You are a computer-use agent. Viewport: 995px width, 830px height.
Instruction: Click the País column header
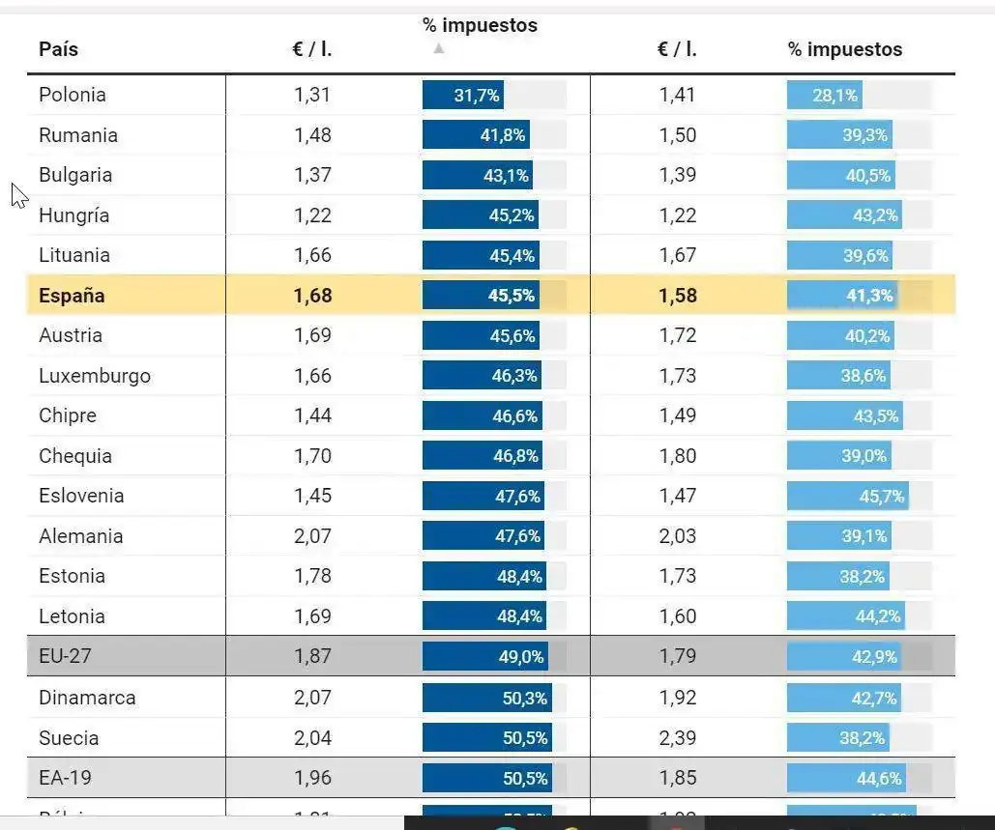pyautogui.click(x=58, y=49)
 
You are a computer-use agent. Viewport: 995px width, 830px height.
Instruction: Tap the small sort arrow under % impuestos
pyautogui.click(x=439, y=48)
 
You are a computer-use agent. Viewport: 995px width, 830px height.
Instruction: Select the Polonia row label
pyautogui.click(x=73, y=95)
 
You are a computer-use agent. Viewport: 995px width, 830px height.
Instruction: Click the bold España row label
pyautogui.click(x=72, y=296)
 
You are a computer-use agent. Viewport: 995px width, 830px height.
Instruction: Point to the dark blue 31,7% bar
pyautogui.click(x=463, y=95)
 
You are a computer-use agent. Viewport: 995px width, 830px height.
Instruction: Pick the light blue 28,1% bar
pyautogui.click(x=824, y=95)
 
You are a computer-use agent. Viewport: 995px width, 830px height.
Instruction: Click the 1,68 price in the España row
pyautogui.click(x=312, y=296)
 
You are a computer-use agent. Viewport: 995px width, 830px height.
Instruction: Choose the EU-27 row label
pyautogui.click(x=66, y=656)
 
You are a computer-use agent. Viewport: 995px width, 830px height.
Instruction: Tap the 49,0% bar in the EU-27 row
pyautogui.click(x=485, y=657)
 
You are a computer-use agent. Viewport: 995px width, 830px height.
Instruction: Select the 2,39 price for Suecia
pyautogui.click(x=678, y=738)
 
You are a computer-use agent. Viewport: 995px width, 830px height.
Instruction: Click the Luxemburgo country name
pyautogui.click(x=95, y=376)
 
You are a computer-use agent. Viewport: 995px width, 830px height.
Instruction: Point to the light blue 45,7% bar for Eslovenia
pyautogui.click(x=847, y=496)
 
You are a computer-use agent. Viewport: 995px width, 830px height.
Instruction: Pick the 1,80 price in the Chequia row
pyautogui.click(x=678, y=456)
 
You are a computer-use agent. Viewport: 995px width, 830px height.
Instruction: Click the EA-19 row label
pyautogui.click(x=66, y=778)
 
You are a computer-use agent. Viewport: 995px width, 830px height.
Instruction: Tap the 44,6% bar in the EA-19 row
pyautogui.click(x=846, y=778)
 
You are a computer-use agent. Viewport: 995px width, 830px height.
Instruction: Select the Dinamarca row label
pyautogui.click(x=87, y=698)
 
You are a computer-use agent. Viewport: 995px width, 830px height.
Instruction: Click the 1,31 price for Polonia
pyautogui.click(x=312, y=95)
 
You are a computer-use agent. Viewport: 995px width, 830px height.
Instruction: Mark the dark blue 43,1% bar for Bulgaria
pyautogui.click(x=478, y=175)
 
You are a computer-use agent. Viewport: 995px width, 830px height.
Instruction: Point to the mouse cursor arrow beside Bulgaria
pyautogui.click(x=19, y=195)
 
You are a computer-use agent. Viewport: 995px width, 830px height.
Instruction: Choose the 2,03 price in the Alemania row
pyautogui.click(x=678, y=536)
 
